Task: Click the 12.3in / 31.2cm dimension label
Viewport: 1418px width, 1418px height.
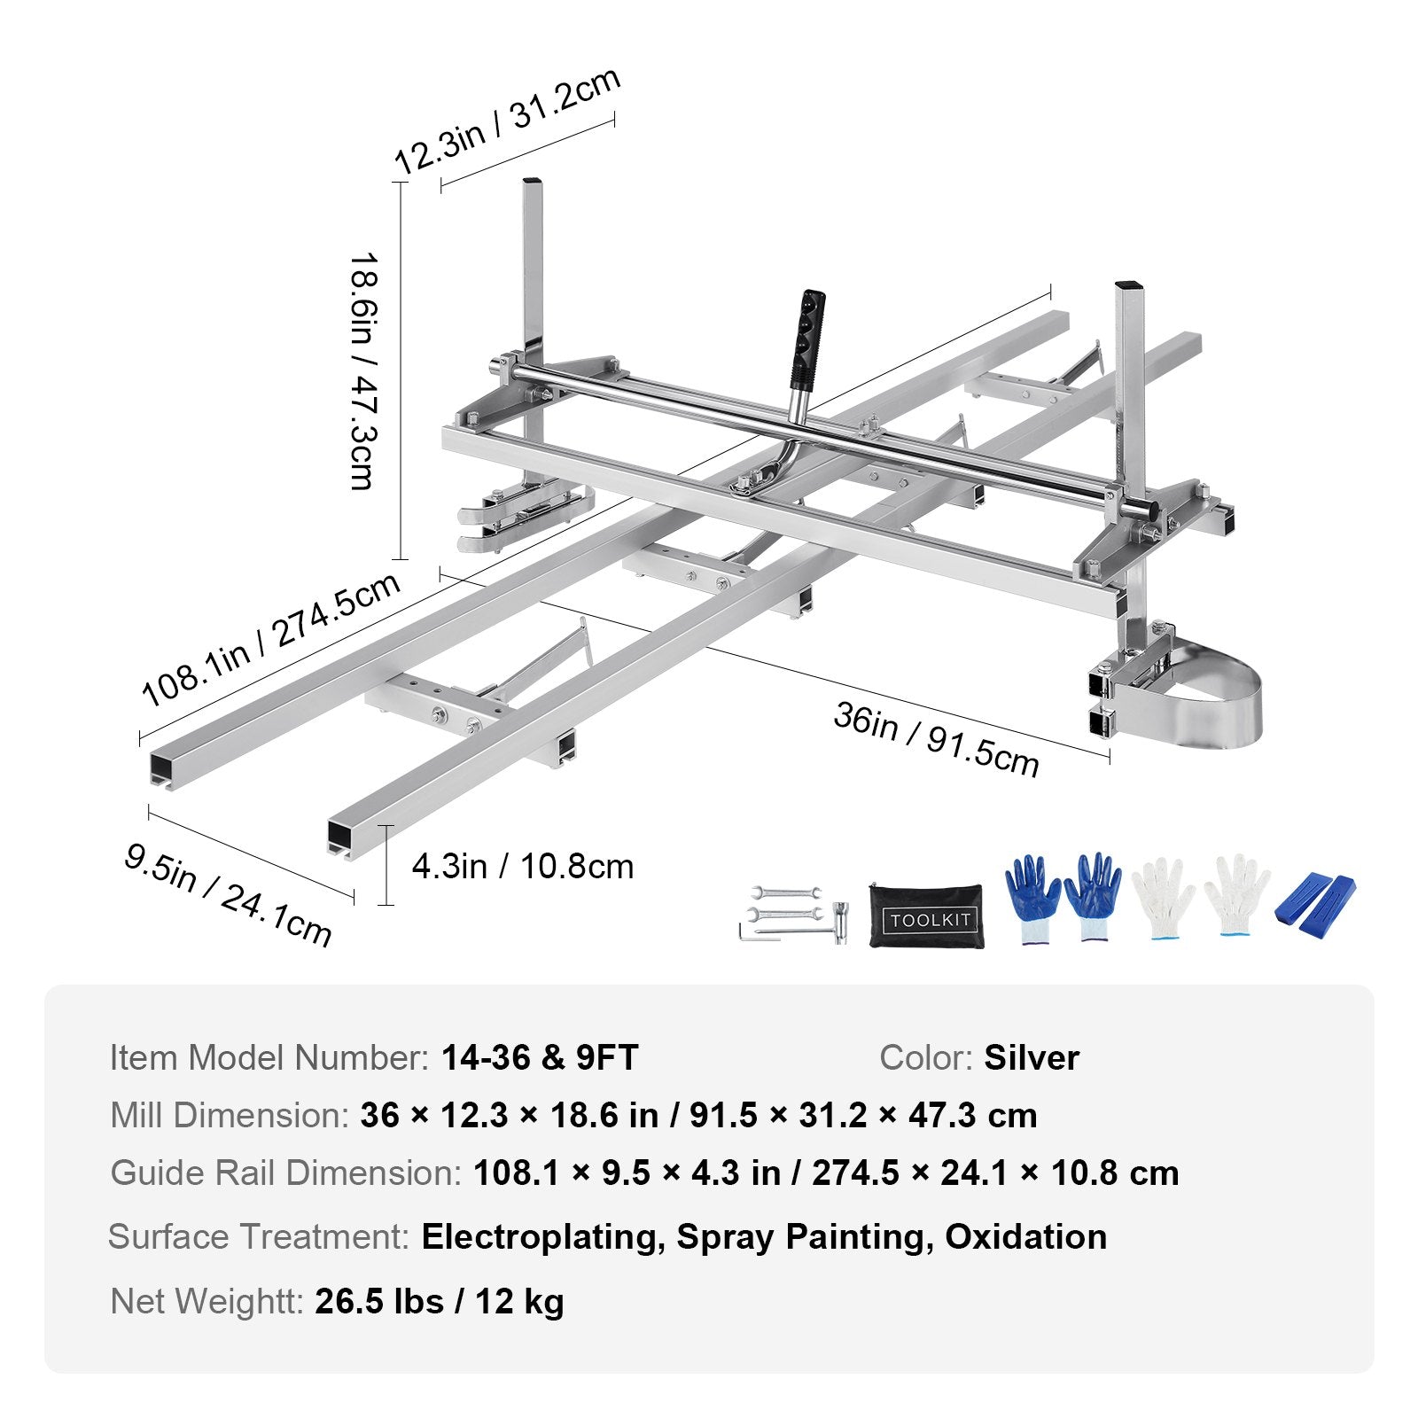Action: tap(506, 121)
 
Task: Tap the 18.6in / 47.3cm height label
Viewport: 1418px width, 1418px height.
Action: tap(364, 370)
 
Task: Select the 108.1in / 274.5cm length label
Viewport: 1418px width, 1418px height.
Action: tap(270, 640)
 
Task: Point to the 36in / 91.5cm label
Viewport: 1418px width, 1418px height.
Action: tap(936, 739)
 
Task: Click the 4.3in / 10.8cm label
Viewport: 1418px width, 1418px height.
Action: tap(523, 866)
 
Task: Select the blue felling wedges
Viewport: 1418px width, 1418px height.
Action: tap(1315, 908)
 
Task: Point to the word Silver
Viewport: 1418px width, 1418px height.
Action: tap(1032, 1057)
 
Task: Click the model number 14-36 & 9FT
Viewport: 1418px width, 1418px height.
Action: tap(540, 1057)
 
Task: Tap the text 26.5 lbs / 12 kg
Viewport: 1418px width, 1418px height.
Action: tap(440, 1301)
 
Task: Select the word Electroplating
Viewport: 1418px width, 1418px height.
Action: tap(543, 1236)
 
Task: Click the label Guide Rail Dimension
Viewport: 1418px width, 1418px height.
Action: tap(285, 1173)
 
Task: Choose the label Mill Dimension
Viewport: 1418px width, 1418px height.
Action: tap(230, 1115)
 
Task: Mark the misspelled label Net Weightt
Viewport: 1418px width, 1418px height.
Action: tap(207, 1301)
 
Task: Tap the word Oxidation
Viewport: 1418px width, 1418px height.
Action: tap(1025, 1236)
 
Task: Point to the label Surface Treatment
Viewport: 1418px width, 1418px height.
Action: tap(258, 1236)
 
